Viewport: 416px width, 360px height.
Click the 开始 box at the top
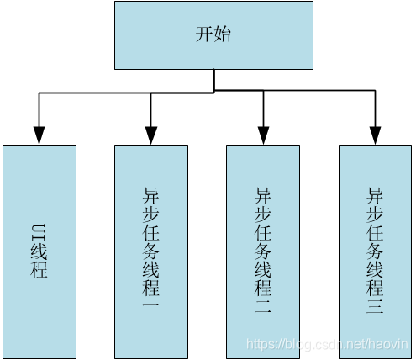tap(213, 35)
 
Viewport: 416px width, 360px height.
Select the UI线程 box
tap(39, 251)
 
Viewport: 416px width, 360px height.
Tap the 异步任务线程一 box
tap(151, 251)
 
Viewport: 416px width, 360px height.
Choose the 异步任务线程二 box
tap(263, 251)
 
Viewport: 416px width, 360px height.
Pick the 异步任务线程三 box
tap(375, 251)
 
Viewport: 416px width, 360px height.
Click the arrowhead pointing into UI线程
tap(39, 135)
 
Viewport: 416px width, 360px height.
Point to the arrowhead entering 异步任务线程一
tap(151, 135)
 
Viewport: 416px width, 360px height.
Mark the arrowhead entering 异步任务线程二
tap(263, 135)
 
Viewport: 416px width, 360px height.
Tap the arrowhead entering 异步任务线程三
tap(375, 135)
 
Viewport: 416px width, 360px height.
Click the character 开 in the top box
tap(204, 34)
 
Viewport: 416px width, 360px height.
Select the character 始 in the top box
tap(222, 34)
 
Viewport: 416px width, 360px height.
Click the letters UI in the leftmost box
tap(39, 232)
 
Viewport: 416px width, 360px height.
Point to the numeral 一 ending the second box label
tap(151, 304)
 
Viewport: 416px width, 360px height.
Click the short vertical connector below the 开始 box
tap(213, 80)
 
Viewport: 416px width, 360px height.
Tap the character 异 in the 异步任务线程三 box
tap(375, 196)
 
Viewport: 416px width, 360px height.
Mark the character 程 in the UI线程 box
tap(39, 269)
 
